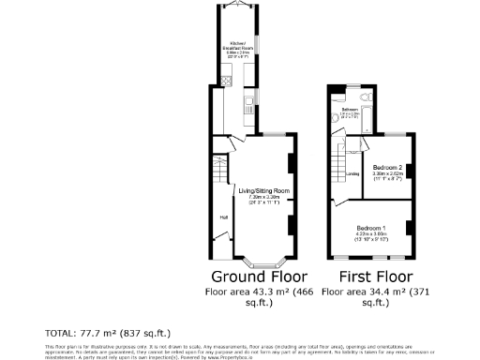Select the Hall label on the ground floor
(224, 217)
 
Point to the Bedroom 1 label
(371, 228)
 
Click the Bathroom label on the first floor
(350, 110)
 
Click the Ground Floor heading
(259, 277)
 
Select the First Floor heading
(367, 277)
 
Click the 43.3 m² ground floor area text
(272, 292)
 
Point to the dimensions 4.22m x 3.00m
(371, 234)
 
